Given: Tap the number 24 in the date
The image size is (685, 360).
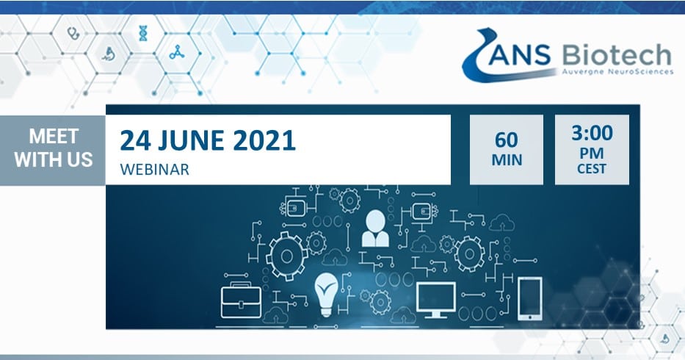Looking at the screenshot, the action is (x=135, y=141).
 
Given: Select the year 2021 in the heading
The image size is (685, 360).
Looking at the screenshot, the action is (x=264, y=141).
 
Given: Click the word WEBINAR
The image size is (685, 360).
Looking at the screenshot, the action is (x=155, y=170).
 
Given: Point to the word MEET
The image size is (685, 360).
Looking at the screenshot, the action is (x=54, y=137).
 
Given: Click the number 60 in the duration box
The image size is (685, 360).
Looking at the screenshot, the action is (x=507, y=140).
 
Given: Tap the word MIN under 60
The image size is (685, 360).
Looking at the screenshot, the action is (x=507, y=160).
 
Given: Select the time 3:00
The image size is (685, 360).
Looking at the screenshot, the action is (x=592, y=132).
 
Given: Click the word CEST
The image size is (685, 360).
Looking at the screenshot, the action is (x=592, y=169).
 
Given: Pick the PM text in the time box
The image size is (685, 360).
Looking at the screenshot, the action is (x=592, y=154).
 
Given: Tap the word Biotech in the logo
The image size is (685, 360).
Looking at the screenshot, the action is (x=617, y=54).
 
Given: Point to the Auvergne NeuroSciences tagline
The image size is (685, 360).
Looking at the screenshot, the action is (x=617, y=71).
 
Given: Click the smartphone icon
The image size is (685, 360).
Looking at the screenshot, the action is (x=530, y=298).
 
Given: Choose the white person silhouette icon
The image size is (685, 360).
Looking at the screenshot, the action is (x=375, y=228).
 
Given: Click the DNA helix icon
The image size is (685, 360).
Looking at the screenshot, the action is (x=143, y=33).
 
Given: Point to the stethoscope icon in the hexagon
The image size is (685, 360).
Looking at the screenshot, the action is (x=73, y=33).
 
